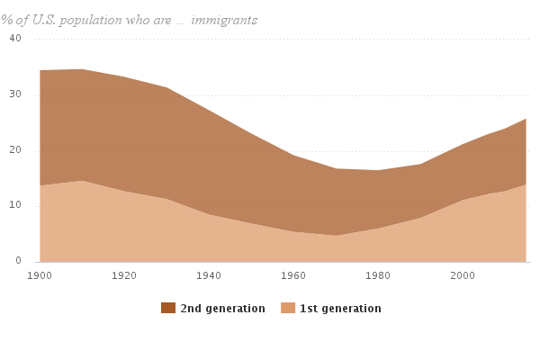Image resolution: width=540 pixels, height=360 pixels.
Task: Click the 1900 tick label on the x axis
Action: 40,274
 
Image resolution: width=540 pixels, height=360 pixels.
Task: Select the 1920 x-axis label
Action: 125,274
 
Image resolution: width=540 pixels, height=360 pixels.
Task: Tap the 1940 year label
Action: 209,274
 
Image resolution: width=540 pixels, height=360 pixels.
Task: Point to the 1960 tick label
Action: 293,274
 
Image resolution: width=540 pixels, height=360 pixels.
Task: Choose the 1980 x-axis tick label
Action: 378,274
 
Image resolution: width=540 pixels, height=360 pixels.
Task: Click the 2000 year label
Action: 463,274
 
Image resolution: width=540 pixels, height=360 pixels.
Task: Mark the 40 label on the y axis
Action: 15,39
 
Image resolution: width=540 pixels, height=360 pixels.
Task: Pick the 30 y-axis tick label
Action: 15,94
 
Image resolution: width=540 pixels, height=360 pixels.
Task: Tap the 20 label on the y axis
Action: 15,150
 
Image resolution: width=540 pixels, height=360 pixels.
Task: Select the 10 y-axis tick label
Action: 15,206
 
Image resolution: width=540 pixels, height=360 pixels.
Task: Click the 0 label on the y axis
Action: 18,261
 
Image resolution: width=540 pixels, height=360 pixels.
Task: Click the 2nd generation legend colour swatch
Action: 168,309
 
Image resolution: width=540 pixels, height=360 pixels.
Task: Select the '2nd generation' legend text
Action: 222,309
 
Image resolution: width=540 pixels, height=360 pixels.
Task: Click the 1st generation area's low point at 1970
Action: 336,235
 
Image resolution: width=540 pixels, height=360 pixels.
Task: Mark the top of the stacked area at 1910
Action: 83,69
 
